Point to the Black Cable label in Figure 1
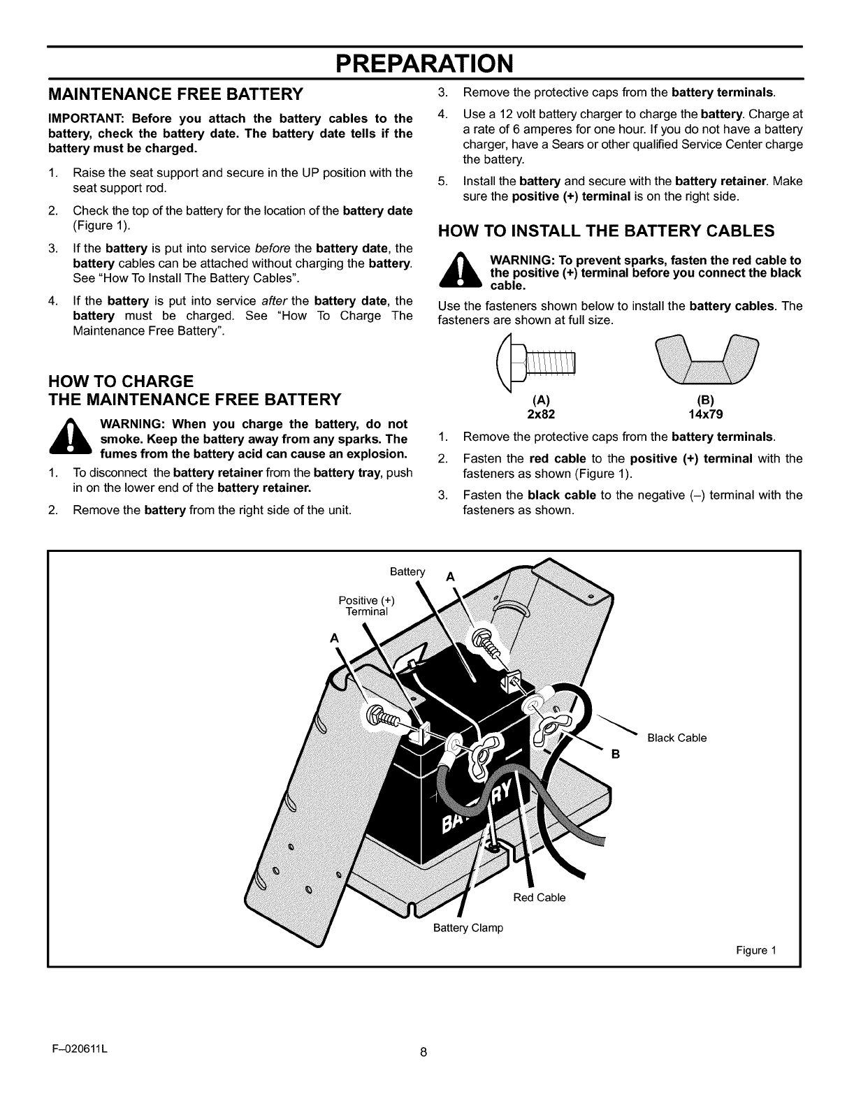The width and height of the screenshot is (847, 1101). tap(676, 738)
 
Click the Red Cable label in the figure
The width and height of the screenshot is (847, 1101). tap(539, 898)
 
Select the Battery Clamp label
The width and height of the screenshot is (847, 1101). tap(468, 928)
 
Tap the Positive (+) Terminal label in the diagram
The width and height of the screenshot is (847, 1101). tap(367, 606)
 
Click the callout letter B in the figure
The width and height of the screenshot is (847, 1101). tap(616, 754)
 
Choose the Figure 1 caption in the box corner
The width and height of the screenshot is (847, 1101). tap(756, 951)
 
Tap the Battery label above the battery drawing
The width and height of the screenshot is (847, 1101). tap(407, 572)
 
